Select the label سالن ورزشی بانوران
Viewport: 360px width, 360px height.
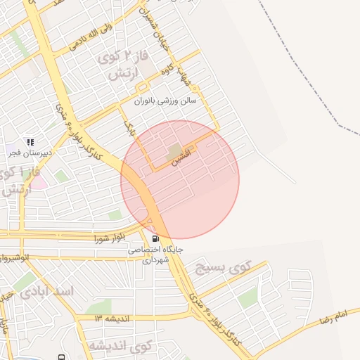(x=169, y=100)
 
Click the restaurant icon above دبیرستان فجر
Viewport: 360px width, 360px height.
(x=30, y=141)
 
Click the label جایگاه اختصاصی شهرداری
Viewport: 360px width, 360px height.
(x=155, y=254)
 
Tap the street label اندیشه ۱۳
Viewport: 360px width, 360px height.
(x=112, y=318)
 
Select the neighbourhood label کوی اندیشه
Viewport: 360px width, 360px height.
(x=120, y=346)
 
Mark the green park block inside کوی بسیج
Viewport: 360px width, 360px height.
(x=247, y=299)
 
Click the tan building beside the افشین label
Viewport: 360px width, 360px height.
(x=174, y=150)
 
